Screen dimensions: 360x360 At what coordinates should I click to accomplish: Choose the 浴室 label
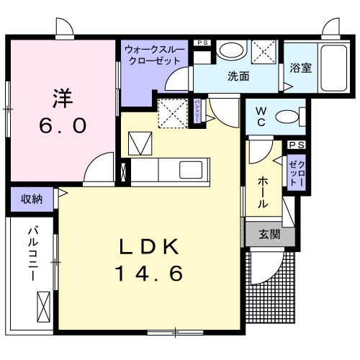(300, 69)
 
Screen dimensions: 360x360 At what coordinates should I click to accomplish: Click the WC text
(261, 117)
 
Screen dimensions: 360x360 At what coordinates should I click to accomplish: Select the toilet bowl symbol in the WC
(289, 116)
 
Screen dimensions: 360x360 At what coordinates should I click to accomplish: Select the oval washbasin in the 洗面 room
(231, 50)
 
